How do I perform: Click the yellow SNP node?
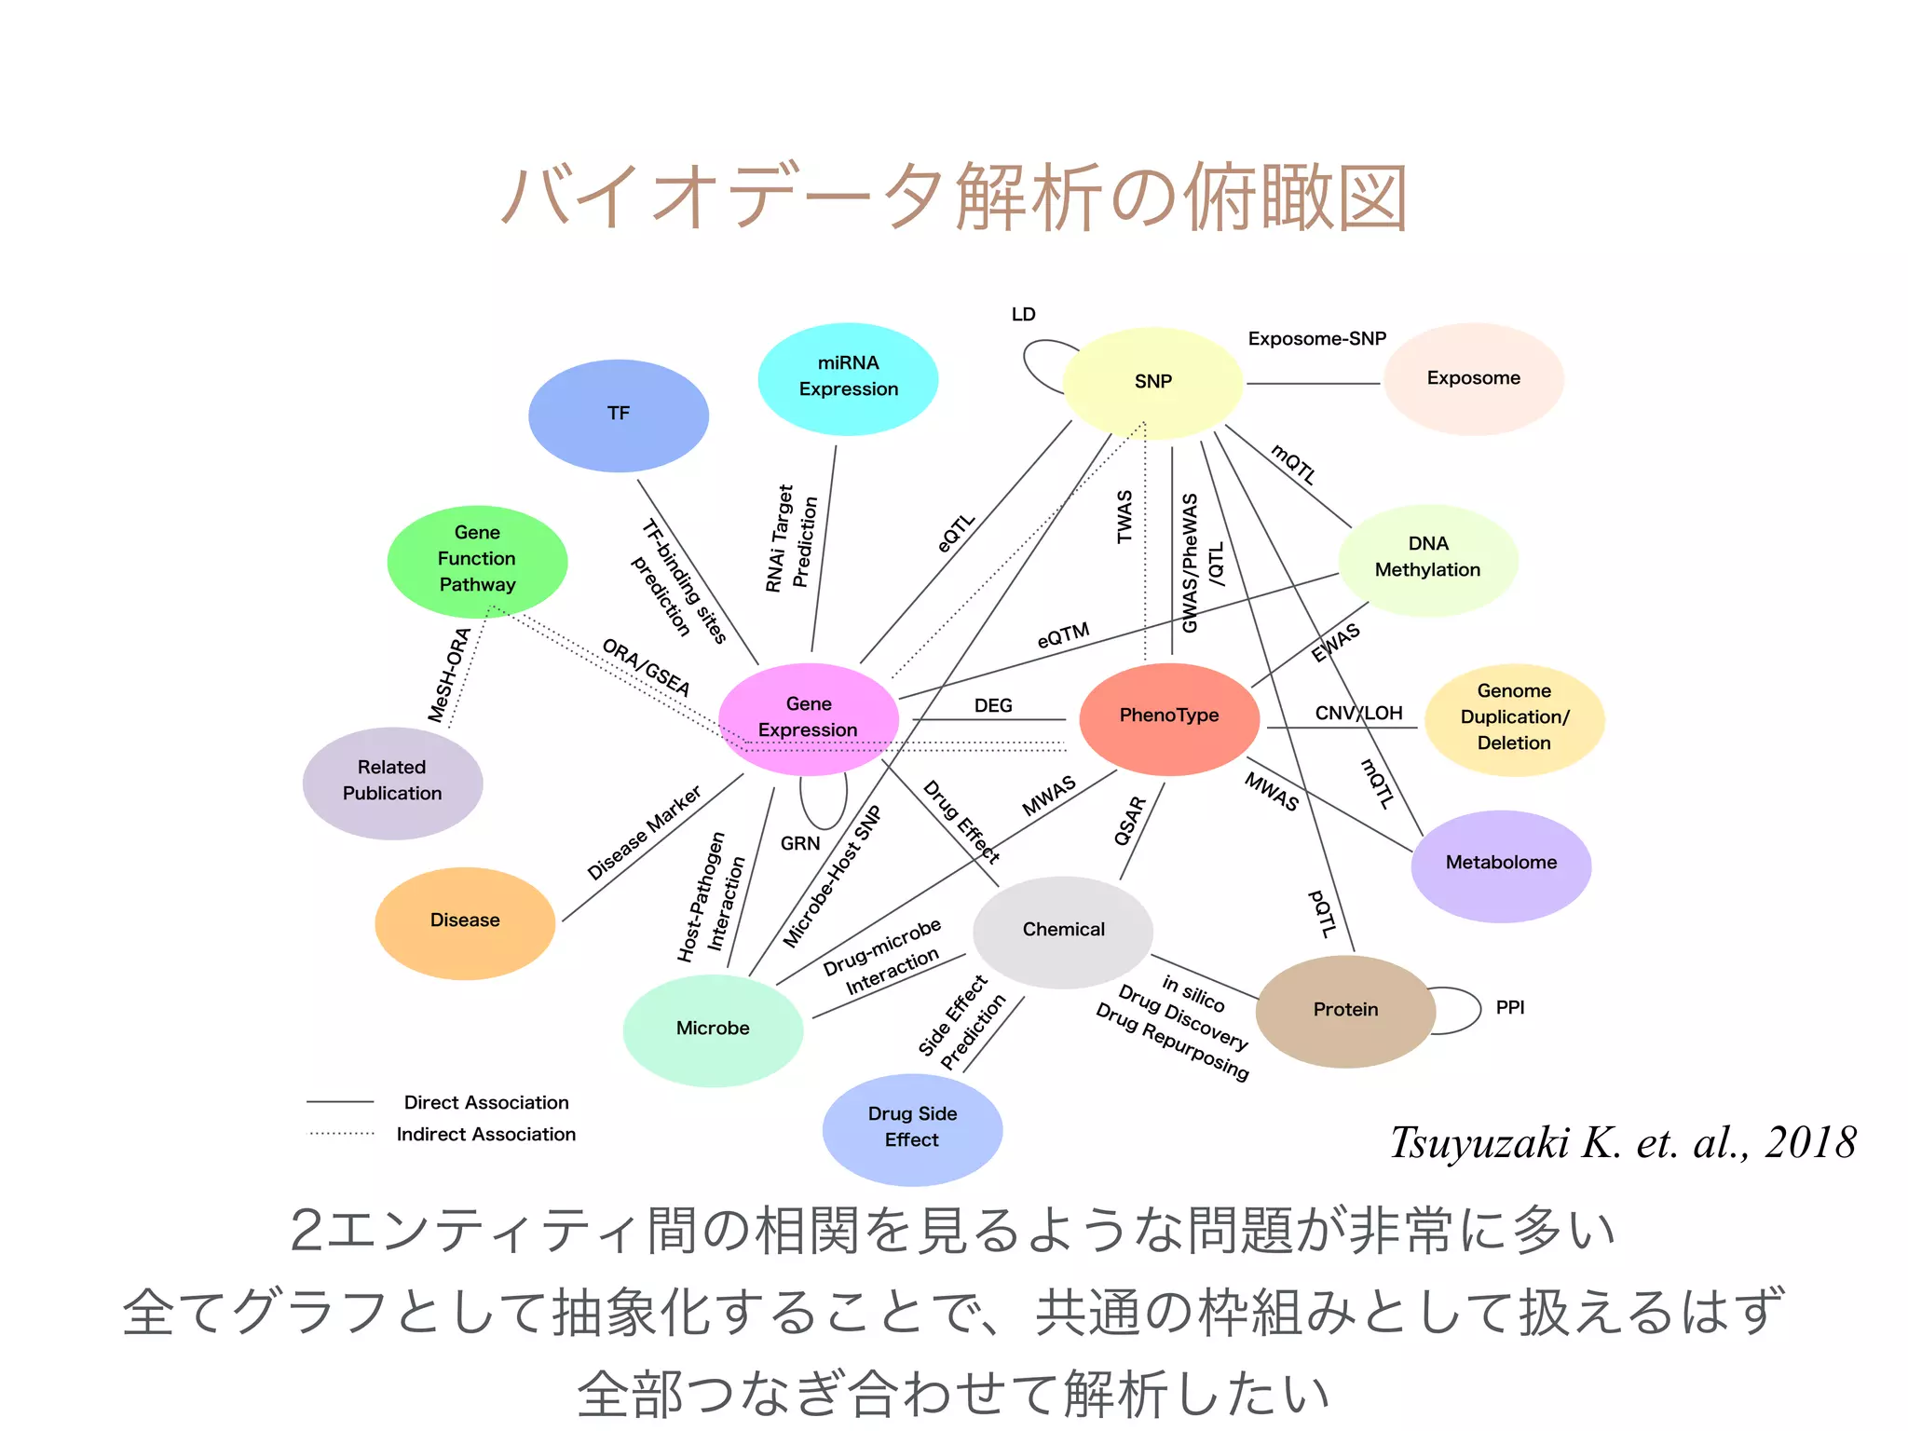click(1152, 382)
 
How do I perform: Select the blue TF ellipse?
click(618, 415)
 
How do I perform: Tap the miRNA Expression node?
click(848, 377)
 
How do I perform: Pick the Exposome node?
click(1473, 378)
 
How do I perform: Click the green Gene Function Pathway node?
click(477, 560)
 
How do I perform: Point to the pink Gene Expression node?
click(809, 718)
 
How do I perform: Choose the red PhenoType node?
click(1169, 716)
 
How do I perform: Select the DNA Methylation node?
click(1428, 558)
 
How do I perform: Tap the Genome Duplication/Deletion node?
click(1514, 717)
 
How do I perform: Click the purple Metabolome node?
click(1501, 864)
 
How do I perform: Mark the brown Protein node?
click(1345, 1010)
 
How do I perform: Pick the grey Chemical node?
click(1063, 930)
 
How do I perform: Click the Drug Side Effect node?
click(912, 1128)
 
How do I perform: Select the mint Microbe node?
click(713, 1029)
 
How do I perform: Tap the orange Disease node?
click(465, 921)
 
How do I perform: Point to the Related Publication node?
click(392, 782)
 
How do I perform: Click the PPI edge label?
click(1510, 1008)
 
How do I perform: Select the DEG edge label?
click(993, 706)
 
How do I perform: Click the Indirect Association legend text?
click(486, 1135)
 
